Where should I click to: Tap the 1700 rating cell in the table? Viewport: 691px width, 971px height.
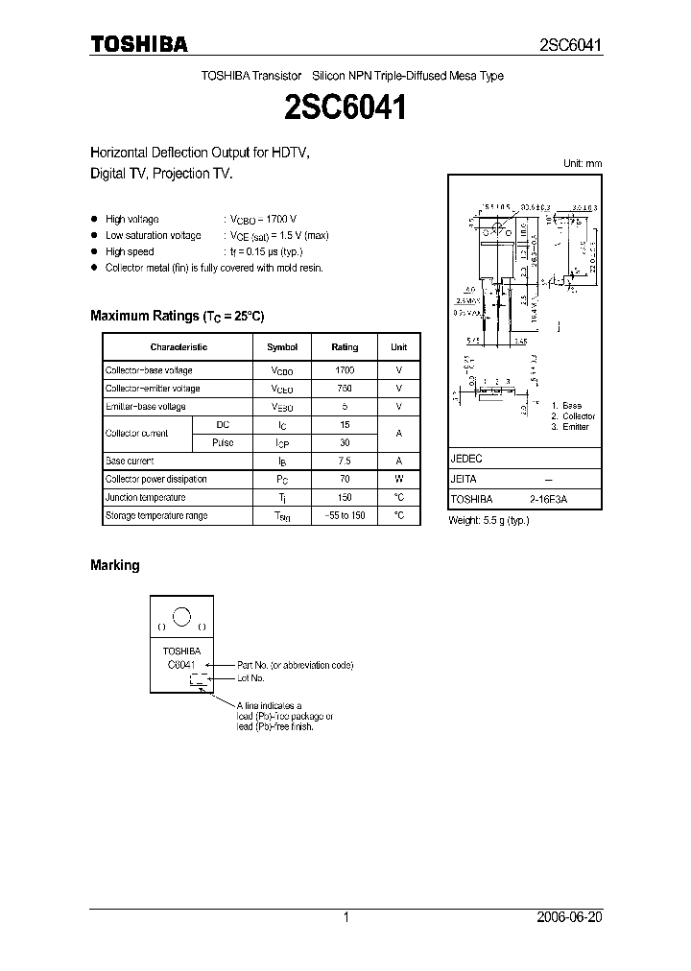(345, 369)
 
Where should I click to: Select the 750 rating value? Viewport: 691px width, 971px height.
(345, 389)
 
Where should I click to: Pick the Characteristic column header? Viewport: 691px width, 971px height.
(179, 346)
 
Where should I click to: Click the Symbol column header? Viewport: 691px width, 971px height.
(282, 346)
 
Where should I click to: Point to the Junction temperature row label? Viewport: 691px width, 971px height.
(146, 498)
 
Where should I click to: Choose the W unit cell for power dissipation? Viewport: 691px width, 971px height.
(398, 479)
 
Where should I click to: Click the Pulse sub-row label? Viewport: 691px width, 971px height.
(223, 442)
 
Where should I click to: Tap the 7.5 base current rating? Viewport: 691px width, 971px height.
(345, 461)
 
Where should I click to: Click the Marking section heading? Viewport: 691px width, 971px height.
(114, 565)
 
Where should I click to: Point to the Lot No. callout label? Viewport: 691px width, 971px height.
(250, 678)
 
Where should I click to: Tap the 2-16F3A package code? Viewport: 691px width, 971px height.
(547, 500)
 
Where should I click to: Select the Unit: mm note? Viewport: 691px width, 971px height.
(582, 164)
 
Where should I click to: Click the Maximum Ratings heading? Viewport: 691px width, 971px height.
(177, 316)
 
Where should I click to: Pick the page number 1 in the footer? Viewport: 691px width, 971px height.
(346, 917)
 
